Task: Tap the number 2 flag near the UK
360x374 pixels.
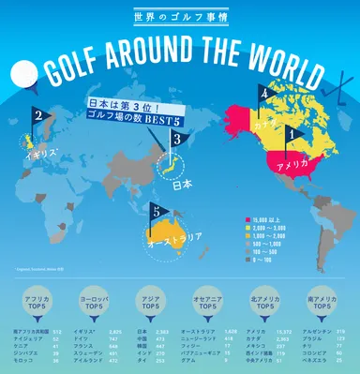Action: pos(39,117)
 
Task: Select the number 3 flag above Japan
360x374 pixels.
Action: pos(178,139)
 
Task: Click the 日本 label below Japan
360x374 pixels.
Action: pos(186,185)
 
